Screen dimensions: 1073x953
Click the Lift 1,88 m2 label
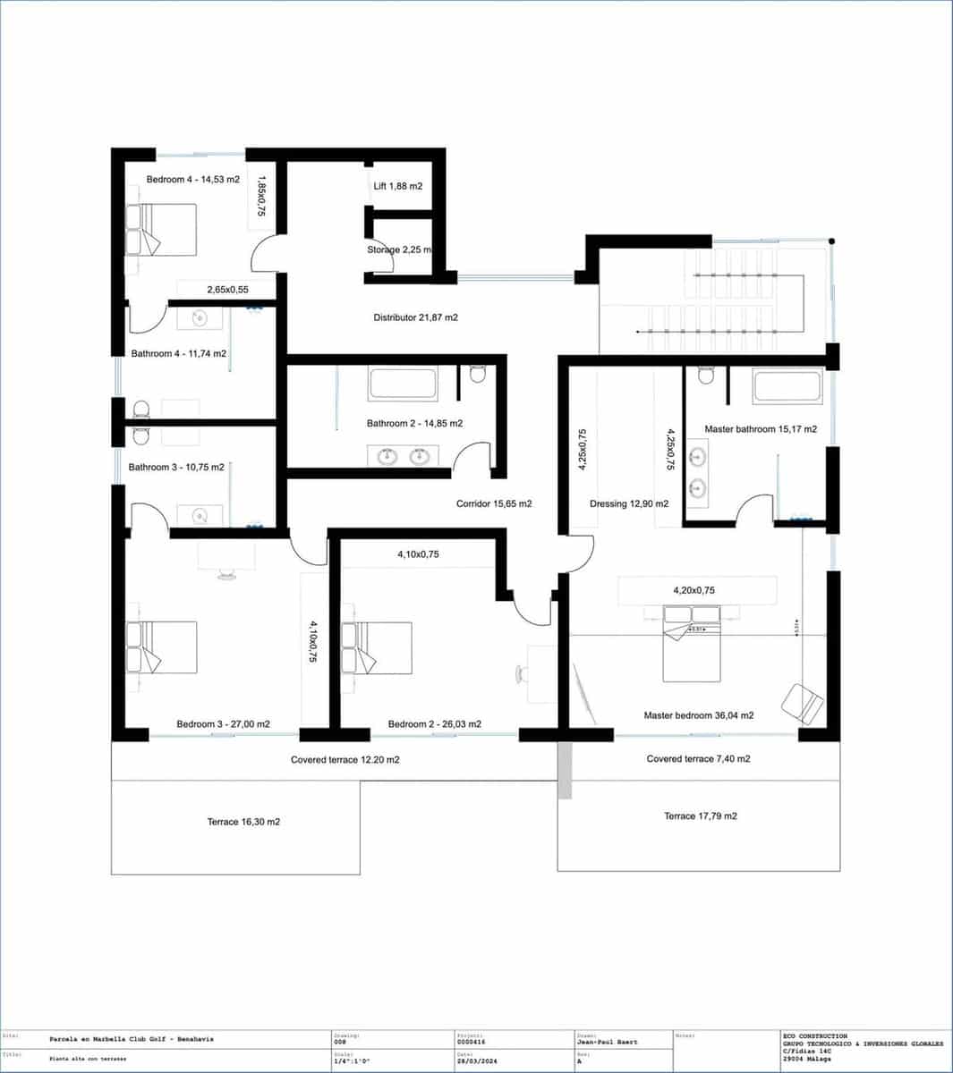(x=397, y=186)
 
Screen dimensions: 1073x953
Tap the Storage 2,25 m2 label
(x=399, y=249)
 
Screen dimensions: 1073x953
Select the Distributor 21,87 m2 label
(x=415, y=317)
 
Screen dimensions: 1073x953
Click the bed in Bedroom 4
(x=161, y=230)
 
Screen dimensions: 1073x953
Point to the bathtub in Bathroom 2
(x=403, y=384)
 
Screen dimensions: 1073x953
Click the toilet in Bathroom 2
(x=477, y=374)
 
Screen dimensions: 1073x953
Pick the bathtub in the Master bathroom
(x=787, y=386)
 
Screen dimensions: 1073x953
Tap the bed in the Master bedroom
(x=691, y=642)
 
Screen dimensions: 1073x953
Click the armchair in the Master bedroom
(x=802, y=704)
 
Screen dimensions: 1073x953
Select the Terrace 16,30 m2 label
(x=243, y=822)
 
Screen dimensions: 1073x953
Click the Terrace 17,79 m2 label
(x=701, y=816)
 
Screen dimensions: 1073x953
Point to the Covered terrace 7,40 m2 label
(x=698, y=759)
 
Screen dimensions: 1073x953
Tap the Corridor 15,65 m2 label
(x=494, y=503)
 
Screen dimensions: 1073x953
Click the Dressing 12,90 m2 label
(x=629, y=503)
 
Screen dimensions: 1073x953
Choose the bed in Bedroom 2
(x=377, y=647)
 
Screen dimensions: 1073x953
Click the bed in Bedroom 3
(x=161, y=647)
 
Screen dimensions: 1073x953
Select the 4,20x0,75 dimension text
(x=693, y=590)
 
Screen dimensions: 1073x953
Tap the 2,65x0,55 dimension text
(x=227, y=290)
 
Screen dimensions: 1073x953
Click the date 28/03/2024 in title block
(x=475, y=1060)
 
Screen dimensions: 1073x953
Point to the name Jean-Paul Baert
(x=608, y=1043)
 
